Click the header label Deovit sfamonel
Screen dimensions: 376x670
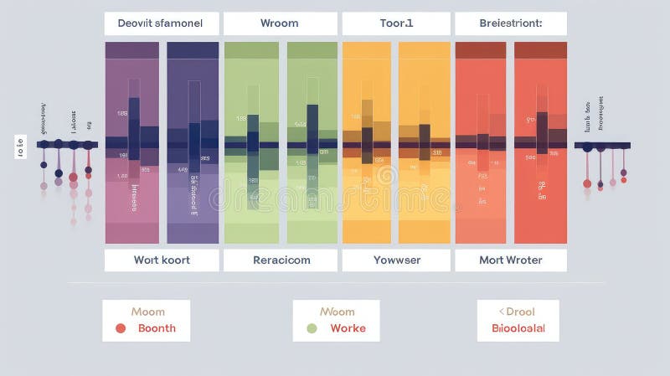tap(161, 23)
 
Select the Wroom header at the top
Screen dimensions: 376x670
tap(280, 23)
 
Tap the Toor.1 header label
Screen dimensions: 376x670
tap(396, 23)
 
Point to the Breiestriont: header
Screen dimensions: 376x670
tap(510, 23)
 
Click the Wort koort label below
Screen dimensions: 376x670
tap(162, 260)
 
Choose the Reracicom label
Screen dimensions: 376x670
tap(281, 260)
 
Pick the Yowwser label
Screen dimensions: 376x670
tap(396, 260)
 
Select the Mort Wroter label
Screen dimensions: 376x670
tap(510, 260)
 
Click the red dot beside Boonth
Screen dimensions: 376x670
tap(121, 328)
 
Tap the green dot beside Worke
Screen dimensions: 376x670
tap(312, 328)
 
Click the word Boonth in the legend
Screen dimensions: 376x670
tap(157, 328)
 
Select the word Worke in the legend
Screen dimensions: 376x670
tap(348, 328)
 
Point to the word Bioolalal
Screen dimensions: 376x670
tap(518, 328)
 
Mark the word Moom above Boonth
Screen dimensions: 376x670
tap(147, 312)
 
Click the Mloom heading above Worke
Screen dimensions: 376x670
tap(338, 312)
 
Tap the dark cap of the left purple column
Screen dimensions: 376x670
tap(131, 50)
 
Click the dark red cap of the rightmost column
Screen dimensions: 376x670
tap(540, 50)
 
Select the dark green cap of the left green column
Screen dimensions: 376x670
tap(251, 50)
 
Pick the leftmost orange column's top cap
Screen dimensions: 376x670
tap(367, 50)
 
